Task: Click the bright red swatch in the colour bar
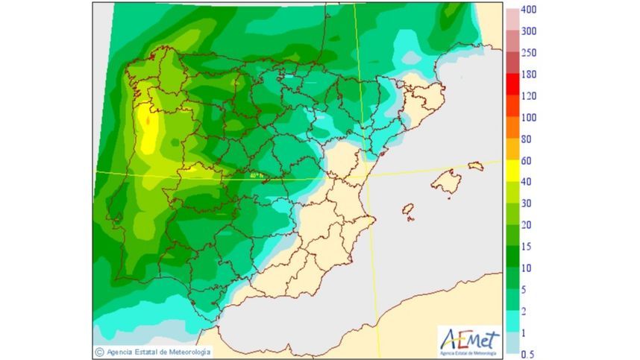point(513,84)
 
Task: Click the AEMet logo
point(469,341)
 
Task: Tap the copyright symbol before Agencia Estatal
point(99,352)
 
